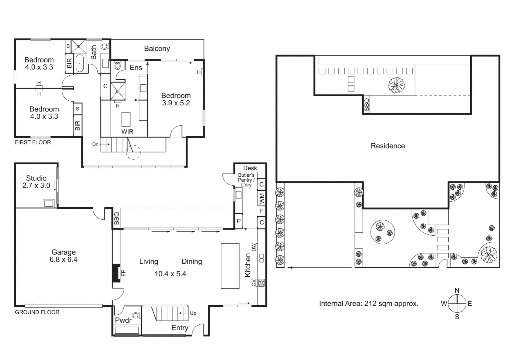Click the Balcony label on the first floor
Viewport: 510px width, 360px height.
click(x=157, y=49)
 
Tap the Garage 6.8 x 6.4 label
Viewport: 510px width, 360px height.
click(x=63, y=256)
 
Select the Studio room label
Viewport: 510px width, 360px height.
click(x=36, y=178)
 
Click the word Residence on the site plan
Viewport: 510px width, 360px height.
click(x=388, y=146)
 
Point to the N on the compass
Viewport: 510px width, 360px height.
click(x=457, y=290)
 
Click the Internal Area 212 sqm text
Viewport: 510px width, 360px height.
click(x=368, y=304)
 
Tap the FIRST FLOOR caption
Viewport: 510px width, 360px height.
click(x=33, y=142)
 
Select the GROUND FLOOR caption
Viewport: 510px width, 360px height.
click(x=37, y=312)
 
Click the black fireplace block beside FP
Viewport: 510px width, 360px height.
click(x=116, y=273)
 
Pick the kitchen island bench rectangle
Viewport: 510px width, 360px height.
click(x=230, y=266)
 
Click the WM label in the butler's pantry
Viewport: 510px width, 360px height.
click(x=262, y=199)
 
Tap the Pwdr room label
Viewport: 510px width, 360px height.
click(x=123, y=320)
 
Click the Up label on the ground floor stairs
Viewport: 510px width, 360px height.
click(x=193, y=313)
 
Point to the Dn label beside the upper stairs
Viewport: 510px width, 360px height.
click(x=95, y=144)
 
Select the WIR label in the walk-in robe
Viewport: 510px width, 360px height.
click(x=127, y=132)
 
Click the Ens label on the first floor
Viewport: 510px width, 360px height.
click(x=136, y=68)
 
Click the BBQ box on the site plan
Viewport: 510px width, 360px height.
click(x=367, y=104)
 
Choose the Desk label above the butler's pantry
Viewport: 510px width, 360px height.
click(x=250, y=168)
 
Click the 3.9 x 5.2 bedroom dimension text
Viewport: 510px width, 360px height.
click(x=176, y=103)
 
